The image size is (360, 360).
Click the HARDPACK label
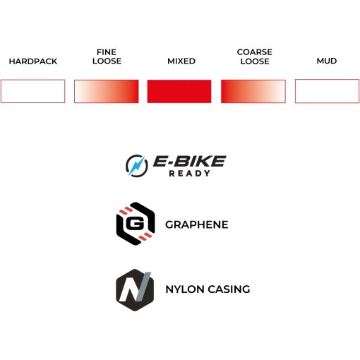click(x=33, y=61)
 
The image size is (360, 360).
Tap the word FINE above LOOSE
click(x=107, y=52)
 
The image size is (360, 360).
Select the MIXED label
click(x=181, y=61)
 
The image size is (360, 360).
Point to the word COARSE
click(x=255, y=52)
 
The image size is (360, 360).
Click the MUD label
click(x=327, y=61)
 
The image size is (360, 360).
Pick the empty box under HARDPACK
click(x=32, y=91)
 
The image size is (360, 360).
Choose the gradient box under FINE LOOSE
click(x=107, y=91)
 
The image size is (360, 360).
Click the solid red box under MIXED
click(x=179, y=91)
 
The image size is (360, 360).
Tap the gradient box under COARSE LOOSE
click(x=253, y=91)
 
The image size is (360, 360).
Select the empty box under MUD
click(x=328, y=91)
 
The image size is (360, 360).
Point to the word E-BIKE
click(x=190, y=161)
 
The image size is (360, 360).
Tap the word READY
click(x=189, y=174)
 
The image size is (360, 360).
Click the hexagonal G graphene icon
click(x=136, y=224)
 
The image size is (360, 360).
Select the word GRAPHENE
click(x=197, y=224)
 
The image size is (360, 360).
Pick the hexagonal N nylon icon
click(x=135, y=290)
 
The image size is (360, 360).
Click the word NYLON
click(x=185, y=289)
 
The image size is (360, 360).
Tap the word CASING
click(x=229, y=289)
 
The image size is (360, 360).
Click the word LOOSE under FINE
click(x=107, y=61)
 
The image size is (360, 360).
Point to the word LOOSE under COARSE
click(x=255, y=61)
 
